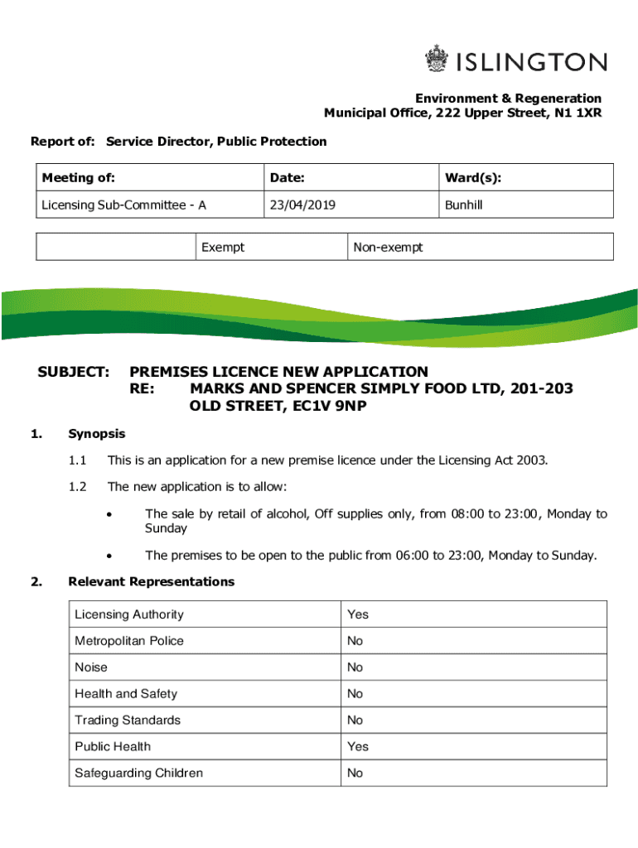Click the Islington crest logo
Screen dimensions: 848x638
click(436, 60)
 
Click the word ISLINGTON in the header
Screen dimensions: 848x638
click(531, 62)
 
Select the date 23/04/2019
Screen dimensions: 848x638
click(302, 205)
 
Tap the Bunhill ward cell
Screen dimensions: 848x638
click(463, 205)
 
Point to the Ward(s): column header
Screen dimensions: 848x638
click(472, 178)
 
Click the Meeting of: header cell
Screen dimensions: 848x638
click(79, 178)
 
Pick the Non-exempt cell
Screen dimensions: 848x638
click(388, 248)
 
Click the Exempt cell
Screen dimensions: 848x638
click(223, 248)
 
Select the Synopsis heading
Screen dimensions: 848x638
click(97, 434)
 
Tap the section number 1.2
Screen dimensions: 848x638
click(78, 487)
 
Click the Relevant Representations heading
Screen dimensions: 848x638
click(152, 581)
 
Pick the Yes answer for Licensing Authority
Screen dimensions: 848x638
click(358, 614)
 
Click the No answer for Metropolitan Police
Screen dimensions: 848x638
click(355, 641)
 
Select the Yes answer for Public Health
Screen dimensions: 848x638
click(358, 746)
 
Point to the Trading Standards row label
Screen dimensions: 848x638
click(127, 720)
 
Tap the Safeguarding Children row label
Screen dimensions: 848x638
click(138, 773)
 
